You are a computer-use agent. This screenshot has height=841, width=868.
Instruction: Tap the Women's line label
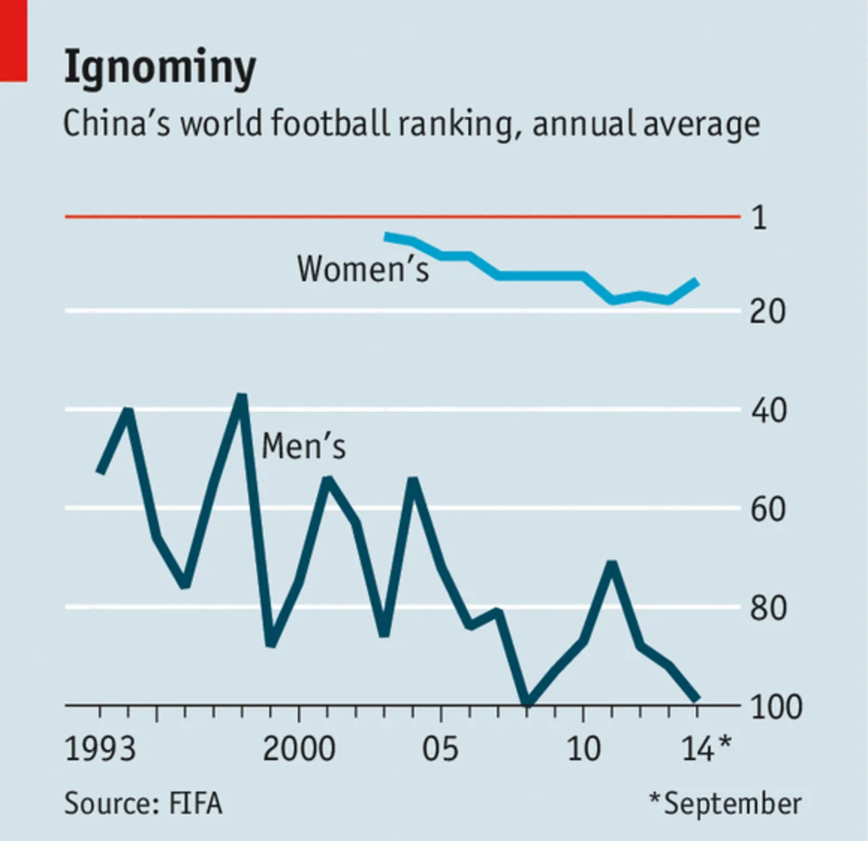[x=362, y=269]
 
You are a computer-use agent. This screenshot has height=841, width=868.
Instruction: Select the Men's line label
[x=304, y=446]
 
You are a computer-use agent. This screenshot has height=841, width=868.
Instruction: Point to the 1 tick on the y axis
[x=759, y=217]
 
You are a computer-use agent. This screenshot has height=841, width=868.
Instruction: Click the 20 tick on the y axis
[x=767, y=312]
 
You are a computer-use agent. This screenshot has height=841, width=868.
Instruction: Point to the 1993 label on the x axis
[x=100, y=748]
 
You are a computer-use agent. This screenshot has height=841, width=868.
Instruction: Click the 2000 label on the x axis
[x=299, y=748]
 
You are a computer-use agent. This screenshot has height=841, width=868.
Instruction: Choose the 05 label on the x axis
[x=441, y=748]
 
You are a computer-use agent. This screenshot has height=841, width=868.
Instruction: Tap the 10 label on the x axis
[x=583, y=748]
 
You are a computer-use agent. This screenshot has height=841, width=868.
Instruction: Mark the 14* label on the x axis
[x=706, y=748]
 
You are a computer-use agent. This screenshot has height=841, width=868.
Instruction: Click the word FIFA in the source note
[x=195, y=804]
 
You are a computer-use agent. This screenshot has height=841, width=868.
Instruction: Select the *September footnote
[x=726, y=804]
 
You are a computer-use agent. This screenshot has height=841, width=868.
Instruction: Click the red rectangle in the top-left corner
[x=13, y=40]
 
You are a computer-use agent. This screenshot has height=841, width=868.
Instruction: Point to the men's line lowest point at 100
[x=527, y=702]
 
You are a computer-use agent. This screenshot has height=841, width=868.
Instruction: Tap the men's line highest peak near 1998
[x=242, y=397]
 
